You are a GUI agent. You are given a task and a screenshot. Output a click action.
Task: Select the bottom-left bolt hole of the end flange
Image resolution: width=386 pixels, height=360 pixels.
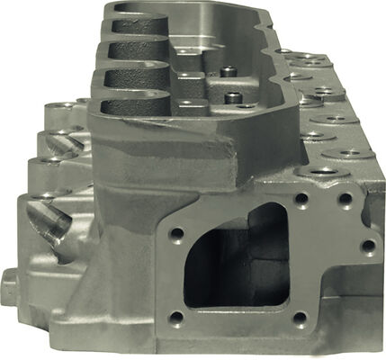click(177, 317)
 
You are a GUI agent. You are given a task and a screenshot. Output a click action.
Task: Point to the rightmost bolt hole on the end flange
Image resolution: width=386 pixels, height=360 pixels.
click(367, 245)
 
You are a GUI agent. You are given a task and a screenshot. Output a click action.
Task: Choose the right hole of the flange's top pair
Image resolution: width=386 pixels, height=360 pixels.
click(344, 200)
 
